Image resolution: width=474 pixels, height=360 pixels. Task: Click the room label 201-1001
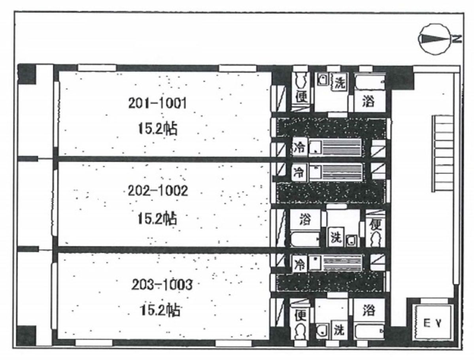[x=157, y=104]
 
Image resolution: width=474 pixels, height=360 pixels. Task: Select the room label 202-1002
[x=158, y=191]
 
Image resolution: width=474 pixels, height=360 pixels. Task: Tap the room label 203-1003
[x=162, y=285]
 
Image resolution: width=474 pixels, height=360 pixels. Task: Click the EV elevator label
[x=432, y=323]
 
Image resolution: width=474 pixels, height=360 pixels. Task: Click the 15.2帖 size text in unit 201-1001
[x=157, y=129]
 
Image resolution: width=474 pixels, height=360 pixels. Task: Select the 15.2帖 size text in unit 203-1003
[x=160, y=310]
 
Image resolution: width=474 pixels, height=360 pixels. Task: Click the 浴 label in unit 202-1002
[x=305, y=219]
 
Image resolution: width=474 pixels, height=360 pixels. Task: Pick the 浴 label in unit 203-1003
[x=369, y=310]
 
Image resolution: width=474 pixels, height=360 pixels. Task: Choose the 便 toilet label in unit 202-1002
[x=376, y=224]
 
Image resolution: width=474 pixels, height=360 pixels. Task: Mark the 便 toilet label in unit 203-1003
[x=301, y=315]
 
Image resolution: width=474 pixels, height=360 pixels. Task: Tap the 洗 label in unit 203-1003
[x=339, y=330]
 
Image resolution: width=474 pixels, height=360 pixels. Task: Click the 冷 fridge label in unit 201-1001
[x=300, y=147]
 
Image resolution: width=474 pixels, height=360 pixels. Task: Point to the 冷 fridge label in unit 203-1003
[x=300, y=263]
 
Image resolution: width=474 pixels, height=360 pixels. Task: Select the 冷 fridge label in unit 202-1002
[x=300, y=172]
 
